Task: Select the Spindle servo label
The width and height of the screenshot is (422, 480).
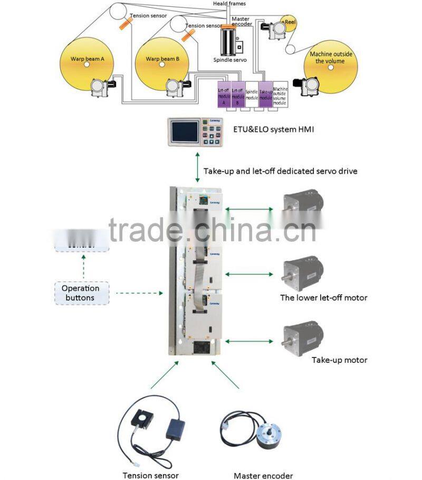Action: click(229, 60)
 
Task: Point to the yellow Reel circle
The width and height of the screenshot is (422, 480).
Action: click(289, 23)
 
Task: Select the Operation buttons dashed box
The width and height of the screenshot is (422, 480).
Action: click(81, 293)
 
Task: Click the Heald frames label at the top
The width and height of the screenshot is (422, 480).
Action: click(229, 4)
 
